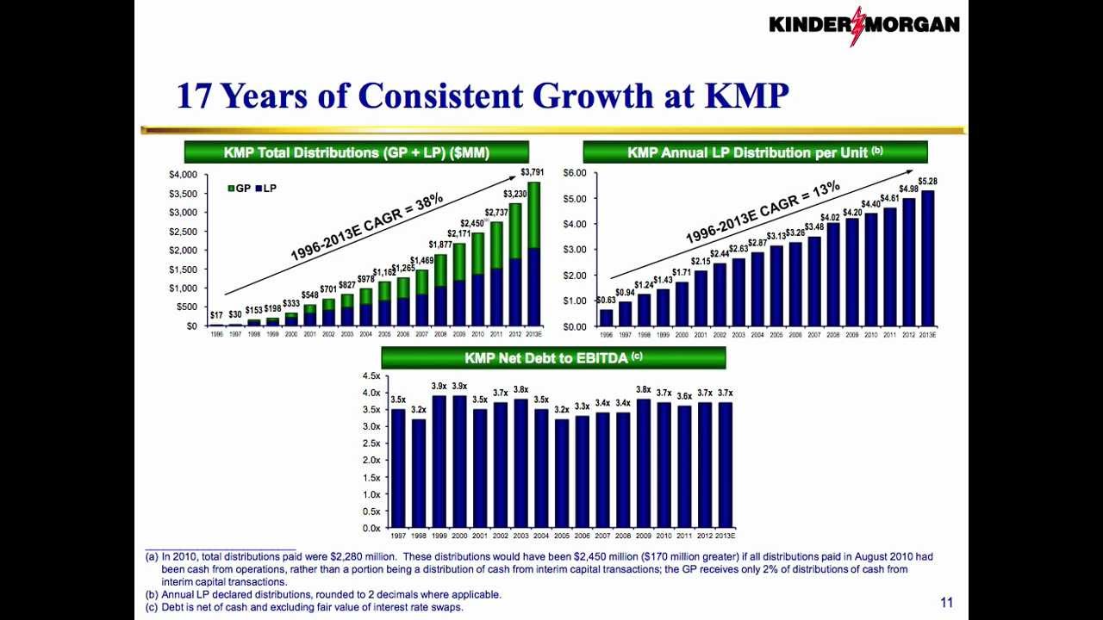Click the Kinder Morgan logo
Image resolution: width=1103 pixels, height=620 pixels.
pos(863,24)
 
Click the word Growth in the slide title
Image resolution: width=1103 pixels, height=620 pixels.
pos(589,96)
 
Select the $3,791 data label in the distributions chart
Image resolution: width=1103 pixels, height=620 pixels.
pos(532,172)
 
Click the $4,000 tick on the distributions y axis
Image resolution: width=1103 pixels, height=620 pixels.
pos(183,175)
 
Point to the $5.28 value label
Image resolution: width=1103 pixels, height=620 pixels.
pos(928,182)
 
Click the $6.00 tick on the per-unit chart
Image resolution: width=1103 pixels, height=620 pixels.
pos(574,173)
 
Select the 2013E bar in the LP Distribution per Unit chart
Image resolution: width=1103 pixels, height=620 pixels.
pos(928,258)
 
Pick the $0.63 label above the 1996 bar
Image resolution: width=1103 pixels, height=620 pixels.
pos(606,301)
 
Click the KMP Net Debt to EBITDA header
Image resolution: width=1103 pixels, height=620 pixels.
pos(553,357)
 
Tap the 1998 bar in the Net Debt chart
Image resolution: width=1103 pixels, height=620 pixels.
pos(419,473)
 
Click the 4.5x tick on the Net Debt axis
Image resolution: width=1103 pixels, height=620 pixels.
pos(371,376)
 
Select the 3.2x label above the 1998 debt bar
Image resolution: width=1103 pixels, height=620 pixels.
pos(419,410)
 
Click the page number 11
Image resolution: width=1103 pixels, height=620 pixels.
pos(947,603)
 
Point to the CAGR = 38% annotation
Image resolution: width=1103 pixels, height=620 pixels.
pos(367,227)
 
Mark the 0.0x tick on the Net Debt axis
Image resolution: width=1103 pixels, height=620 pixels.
pos(371,528)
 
